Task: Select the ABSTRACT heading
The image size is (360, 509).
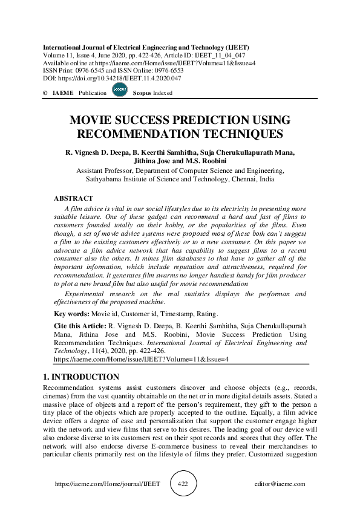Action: tap(74, 198)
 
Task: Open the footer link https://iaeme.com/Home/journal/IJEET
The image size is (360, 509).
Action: tap(99, 484)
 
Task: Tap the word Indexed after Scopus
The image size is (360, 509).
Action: tap(162, 93)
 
